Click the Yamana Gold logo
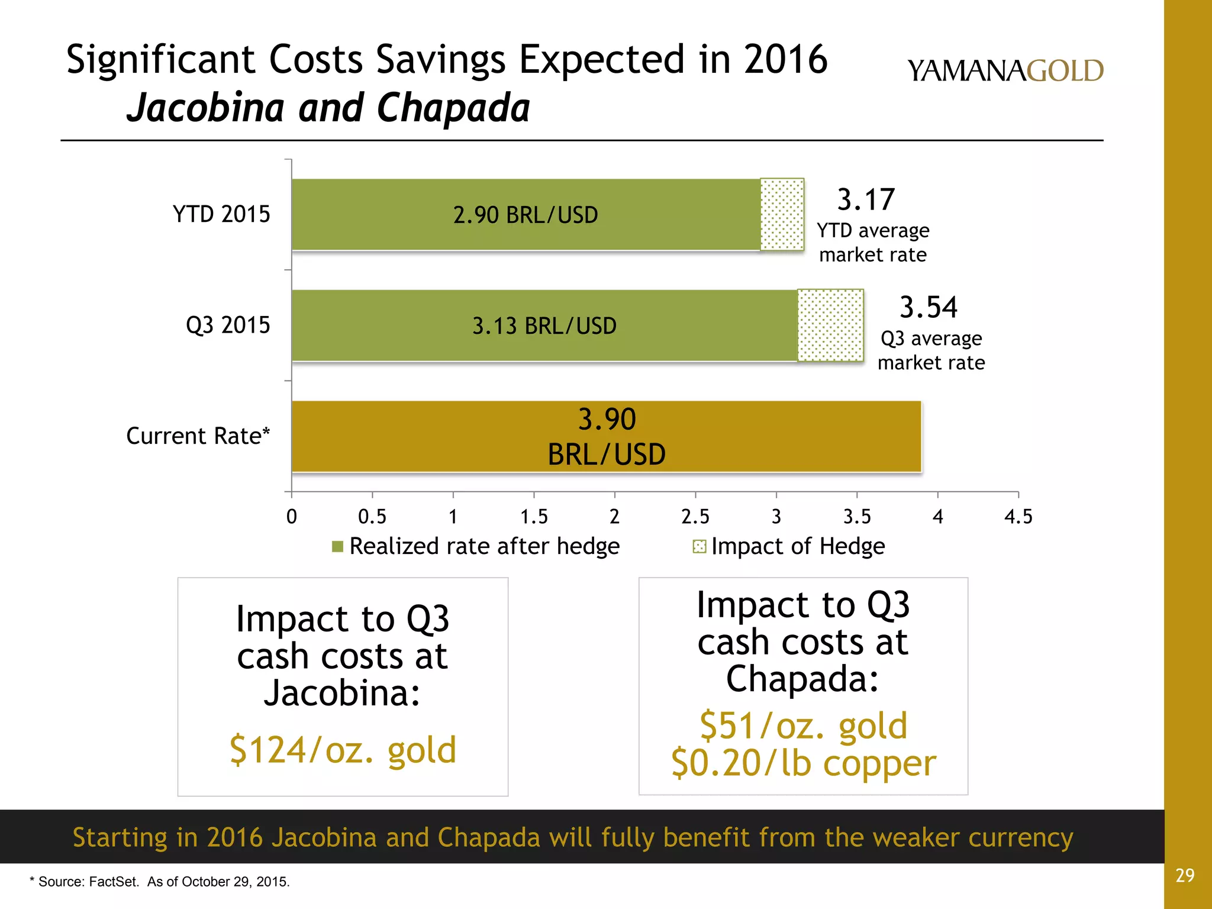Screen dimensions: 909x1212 point(1005,71)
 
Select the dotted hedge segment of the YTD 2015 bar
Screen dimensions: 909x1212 point(782,214)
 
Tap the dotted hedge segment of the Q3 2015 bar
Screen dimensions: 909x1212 point(830,325)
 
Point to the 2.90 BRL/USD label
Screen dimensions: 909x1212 point(526,215)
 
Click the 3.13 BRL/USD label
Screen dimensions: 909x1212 point(544,326)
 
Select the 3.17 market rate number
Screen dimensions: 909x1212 point(866,199)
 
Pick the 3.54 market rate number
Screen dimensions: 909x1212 point(928,307)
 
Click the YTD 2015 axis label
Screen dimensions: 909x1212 point(221,214)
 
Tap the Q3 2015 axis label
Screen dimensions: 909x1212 point(228,325)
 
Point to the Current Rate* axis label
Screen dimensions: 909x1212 point(198,436)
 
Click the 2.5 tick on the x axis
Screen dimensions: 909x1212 point(695,517)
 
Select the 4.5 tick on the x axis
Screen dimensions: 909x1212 point(1018,517)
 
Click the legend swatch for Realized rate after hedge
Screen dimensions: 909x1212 point(338,546)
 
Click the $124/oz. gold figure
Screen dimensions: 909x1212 point(343,750)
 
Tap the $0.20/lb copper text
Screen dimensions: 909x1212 point(803,763)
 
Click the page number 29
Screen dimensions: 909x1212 point(1185,875)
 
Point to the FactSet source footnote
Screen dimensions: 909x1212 point(160,882)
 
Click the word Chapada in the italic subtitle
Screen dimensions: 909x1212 point(453,108)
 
